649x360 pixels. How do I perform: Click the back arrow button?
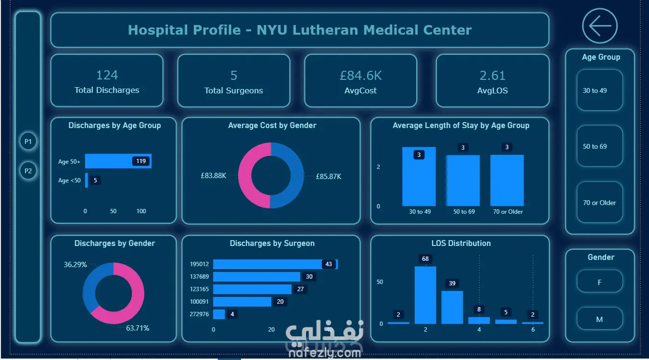(x=600, y=26)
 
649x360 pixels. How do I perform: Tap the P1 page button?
(x=28, y=141)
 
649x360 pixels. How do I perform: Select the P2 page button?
(x=28, y=171)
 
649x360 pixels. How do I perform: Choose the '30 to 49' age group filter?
(x=599, y=90)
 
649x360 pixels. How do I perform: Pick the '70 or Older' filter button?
(x=599, y=202)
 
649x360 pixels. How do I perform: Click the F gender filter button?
(x=599, y=282)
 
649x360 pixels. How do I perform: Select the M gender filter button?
(x=599, y=319)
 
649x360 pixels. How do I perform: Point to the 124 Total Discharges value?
(x=107, y=75)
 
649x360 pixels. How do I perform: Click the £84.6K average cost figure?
(x=361, y=76)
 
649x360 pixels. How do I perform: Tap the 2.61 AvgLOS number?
(x=493, y=76)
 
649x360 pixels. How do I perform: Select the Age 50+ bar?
(x=118, y=161)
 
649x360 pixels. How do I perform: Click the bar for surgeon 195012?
(x=276, y=264)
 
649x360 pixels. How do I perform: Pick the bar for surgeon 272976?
(x=219, y=314)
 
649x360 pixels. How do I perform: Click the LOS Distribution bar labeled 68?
(x=425, y=295)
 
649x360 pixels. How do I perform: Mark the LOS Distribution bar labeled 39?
(x=452, y=307)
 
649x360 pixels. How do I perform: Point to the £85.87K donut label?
(x=329, y=176)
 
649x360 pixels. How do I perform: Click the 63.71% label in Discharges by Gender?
(x=138, y=328)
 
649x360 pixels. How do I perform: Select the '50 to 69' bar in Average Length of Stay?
(x=463, y=180)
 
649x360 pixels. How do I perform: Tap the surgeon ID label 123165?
(x=199, y=289)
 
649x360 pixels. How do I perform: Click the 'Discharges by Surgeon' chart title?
(x=272, y=243)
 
